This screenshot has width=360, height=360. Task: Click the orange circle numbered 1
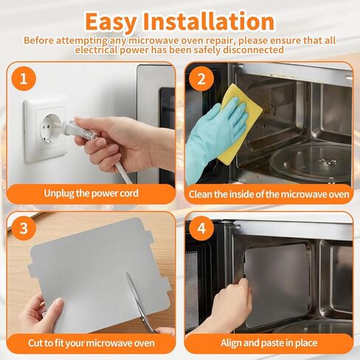[x=24, y=79]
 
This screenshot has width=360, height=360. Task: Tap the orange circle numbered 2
[x=201, y=79]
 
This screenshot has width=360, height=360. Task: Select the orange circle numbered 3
[x=24, y=228]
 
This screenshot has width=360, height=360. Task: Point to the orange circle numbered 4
[x=201, y=228]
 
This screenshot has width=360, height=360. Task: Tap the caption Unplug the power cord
[x=91, y=193]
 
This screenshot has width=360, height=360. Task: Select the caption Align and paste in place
[x=269, y=343]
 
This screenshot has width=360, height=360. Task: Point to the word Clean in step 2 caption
[x=200, y=194]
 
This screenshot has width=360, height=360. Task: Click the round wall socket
[x=50, y=128]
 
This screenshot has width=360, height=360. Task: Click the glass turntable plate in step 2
[x=311, y=161]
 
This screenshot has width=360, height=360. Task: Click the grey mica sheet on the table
[x=98, y=273]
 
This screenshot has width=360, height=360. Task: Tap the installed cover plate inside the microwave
[x=277, y=285]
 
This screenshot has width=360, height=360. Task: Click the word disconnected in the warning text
[x=253, y=50]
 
